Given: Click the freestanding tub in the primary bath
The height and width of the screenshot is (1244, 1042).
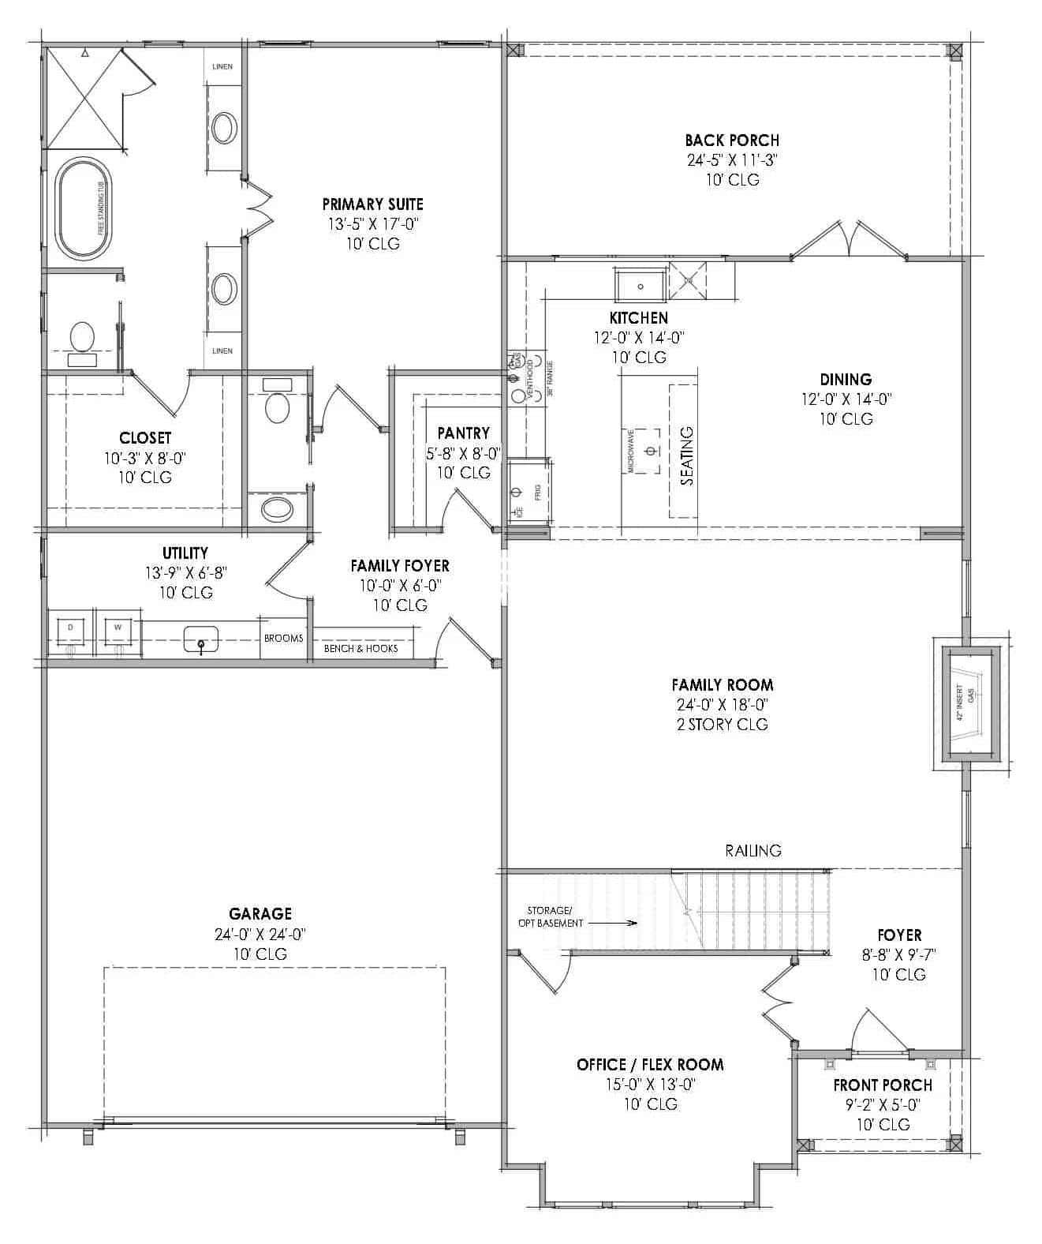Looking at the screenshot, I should (x=84, y=208).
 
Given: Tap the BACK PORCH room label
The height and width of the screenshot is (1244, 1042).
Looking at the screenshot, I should (x=731, y=141).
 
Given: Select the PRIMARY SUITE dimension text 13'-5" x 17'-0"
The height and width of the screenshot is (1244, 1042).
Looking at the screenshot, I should (x=373, y=224).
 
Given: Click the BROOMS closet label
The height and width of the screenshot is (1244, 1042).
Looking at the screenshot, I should (x=283, y=639).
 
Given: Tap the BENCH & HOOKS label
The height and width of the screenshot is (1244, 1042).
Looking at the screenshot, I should (x=361, y=649).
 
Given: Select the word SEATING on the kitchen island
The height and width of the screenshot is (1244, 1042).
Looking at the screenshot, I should (x=686, y=455).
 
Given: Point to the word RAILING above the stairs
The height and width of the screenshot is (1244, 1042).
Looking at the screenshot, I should (x=753, y=850).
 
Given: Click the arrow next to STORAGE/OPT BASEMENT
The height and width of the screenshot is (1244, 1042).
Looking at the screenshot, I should (x=612, y=922).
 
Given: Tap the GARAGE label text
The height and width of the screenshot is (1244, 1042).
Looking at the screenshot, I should (x=260, y=914).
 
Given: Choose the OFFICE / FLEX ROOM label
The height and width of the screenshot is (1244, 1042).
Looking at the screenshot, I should (x=650, y=1065).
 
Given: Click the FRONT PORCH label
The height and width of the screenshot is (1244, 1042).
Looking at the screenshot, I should (x=883, y=1085).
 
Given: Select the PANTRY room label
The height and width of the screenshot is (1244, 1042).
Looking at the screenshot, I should (x=463, y=433).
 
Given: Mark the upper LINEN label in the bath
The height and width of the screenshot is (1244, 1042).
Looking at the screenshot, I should (x=222, y=66).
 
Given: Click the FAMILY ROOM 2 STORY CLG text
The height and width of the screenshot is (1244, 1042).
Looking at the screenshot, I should (x=722, y=724).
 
